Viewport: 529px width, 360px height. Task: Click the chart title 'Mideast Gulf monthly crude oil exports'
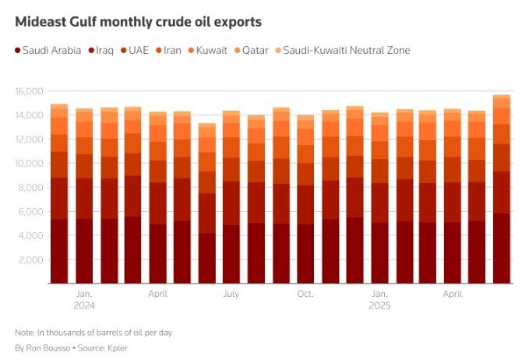[x=139, y=22]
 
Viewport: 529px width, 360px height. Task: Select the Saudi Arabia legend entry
[x=48, y=51]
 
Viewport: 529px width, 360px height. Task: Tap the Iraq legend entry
[x=101, y=51]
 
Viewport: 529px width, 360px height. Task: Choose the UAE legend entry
[x=135, y=51]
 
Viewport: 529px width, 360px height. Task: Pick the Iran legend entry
[x=169, y=51]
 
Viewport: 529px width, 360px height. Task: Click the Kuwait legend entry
[x=208, y=51]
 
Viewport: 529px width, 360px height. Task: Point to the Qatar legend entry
[x=252, y=51]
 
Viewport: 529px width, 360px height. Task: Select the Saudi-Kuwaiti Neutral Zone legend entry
[x=343, y=51]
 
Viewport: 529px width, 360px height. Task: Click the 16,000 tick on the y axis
[x=29, y=91]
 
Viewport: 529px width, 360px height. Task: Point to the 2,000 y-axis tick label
[x=30, y=259]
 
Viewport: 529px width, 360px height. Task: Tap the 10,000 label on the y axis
[x=29, y=164]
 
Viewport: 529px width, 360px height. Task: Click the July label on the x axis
[x=231, y=294]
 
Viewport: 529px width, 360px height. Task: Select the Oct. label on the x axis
[x=305, y=294]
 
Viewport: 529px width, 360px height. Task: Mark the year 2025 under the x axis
[x=379, y=305]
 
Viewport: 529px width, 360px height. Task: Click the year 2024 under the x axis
[x=84, y=305]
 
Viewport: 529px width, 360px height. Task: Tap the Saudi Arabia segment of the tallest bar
[x=502, y=249]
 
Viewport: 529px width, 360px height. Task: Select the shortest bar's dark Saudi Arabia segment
[x=206, y=258]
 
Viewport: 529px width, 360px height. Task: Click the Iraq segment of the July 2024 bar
[x=231, y=203]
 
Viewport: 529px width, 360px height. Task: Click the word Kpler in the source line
[x=118, y=348]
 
